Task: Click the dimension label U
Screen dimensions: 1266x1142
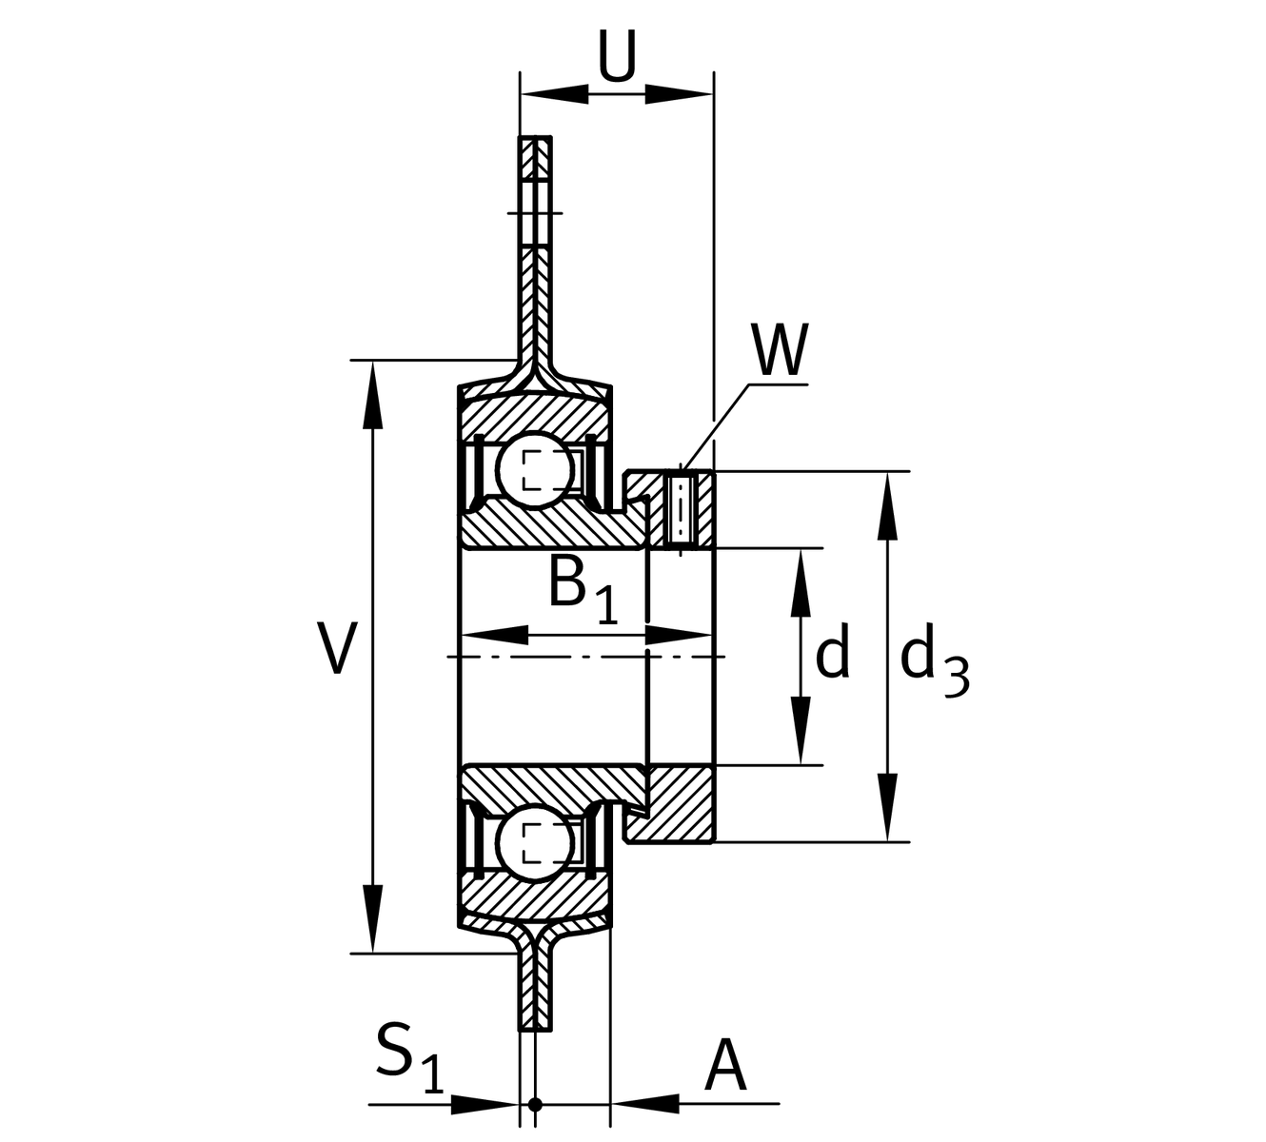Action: pos(617,56)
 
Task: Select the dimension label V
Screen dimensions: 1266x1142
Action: pos(338,648)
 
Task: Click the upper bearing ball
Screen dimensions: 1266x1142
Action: pos(536,469)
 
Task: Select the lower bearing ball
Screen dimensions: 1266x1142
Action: pos(536,843)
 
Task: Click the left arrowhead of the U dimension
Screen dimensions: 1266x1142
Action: pos(554,94)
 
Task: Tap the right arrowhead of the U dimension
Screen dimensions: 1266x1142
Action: pos(679,94)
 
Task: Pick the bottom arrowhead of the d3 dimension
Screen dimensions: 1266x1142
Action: pos(887,807)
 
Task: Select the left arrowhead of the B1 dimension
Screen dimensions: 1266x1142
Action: pos(494,636)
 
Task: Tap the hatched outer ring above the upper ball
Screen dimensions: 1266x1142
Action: pos(535,416)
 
